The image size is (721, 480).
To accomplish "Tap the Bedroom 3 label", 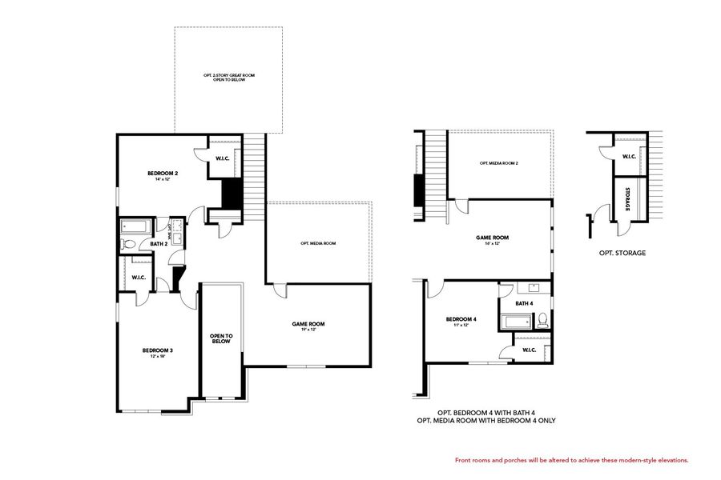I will [158, 350].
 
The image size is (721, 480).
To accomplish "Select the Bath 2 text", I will [159, 243].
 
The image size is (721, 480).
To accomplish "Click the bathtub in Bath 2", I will [132, 226].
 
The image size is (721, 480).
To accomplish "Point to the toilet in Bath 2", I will [128, 244].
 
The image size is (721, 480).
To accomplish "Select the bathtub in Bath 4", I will [515, 322].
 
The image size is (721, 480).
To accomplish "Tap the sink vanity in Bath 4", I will [534, 288].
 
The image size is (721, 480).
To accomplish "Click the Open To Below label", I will [221, 338].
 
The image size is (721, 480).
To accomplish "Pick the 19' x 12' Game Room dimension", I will [308, 330].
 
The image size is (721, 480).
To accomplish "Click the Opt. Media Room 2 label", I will [499, 163].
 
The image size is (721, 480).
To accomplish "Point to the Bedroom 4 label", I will [461, 319].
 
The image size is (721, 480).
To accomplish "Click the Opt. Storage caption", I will [622, 253].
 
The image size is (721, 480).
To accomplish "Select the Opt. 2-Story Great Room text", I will [228, 78].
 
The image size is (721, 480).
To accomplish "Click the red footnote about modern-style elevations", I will [571, 460].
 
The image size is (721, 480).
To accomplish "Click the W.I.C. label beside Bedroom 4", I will [529, 350].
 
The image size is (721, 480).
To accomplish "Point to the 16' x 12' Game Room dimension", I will [492, 243].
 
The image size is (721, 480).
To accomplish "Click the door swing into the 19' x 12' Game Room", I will [279, 290].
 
